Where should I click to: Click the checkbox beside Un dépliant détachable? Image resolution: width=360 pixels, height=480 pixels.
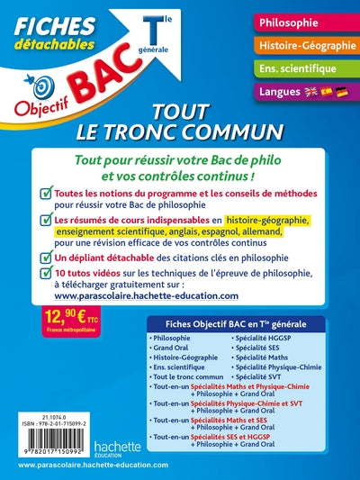(44, 258)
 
